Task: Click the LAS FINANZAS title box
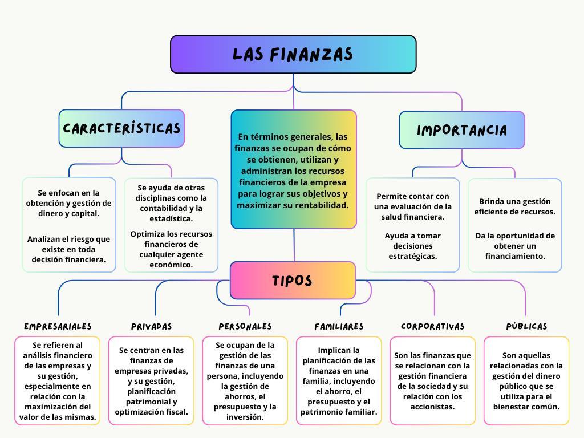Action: click(293, 55)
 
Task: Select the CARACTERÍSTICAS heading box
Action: click(121, 128)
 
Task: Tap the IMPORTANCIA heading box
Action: click(461, 130)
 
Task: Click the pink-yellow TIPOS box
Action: click(293, 281)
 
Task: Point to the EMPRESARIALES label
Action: click(58, 326)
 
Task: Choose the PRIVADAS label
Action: click(151, 327)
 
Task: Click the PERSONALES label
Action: click(245, 326)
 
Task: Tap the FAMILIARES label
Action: click(339, 327)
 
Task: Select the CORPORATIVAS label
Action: click(432, 327)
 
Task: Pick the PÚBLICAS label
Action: click(526, 327)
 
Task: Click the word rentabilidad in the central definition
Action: click(320, 205)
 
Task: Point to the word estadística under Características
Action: click(171, 218)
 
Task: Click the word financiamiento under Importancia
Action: click(515, 256)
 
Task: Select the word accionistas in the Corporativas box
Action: click(432, 407)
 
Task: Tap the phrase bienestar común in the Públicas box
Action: click(526, 407)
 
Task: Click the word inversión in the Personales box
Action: click(245, 417)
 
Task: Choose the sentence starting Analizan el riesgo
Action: click(68, 249)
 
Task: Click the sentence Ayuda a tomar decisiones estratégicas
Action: click(412, 246)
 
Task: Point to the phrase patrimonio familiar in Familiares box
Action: click(339, 412)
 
